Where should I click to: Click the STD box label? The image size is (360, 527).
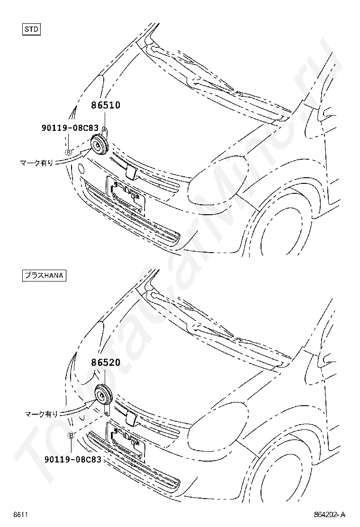click(32, 29)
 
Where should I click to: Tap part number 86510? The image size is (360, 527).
click(106, 105)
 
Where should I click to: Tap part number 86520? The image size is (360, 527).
click(106, 362)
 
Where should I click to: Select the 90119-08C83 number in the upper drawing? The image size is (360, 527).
click(70, 127)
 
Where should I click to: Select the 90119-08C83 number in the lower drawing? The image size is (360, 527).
click(72, 459)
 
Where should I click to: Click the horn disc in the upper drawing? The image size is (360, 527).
click(99, 145)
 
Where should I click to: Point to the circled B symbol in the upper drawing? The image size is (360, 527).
click(68, 153)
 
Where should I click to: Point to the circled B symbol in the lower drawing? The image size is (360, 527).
click(71, 436)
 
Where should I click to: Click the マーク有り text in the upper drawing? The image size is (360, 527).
click(36, 163)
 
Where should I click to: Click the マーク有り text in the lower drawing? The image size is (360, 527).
click(41, 414)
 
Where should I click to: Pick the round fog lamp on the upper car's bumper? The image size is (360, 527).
click(81, 168)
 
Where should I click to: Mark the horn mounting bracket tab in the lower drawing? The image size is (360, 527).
click(107, 409)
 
